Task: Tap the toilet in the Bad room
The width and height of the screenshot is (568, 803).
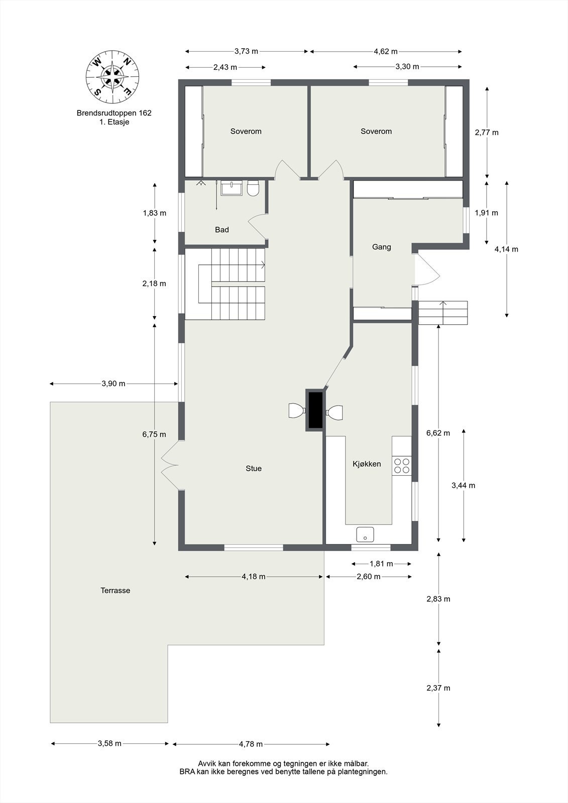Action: coord(253,188)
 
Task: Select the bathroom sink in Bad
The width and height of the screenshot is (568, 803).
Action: coord(232,188)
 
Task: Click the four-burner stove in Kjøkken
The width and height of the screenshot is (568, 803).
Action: coord(402,466)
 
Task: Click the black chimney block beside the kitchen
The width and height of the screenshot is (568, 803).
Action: coord(315,410)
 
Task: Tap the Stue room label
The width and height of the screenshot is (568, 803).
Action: coord(254,468)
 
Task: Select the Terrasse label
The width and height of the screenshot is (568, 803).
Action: coord(115,590)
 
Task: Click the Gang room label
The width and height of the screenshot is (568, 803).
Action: coord(382,247)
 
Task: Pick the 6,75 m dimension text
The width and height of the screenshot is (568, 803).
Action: coord(154,434)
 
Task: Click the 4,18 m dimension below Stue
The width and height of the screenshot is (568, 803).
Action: coord(253,577)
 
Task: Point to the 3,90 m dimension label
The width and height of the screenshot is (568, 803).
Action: coord(113,383)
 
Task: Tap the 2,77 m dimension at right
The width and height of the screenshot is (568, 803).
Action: coord(487,132)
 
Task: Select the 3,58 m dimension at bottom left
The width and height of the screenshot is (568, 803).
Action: coord(109,743)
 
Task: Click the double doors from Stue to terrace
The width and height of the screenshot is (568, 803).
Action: coord(170,466)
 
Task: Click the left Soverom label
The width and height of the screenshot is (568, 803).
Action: coord(246,131)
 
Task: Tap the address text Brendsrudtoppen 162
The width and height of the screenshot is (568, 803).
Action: coord(114,113)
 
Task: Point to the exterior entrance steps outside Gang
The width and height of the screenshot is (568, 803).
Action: coord(443,313)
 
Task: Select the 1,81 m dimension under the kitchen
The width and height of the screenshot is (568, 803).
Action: coord(381,564)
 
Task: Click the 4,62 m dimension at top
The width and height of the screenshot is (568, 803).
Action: coord(386,51)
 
